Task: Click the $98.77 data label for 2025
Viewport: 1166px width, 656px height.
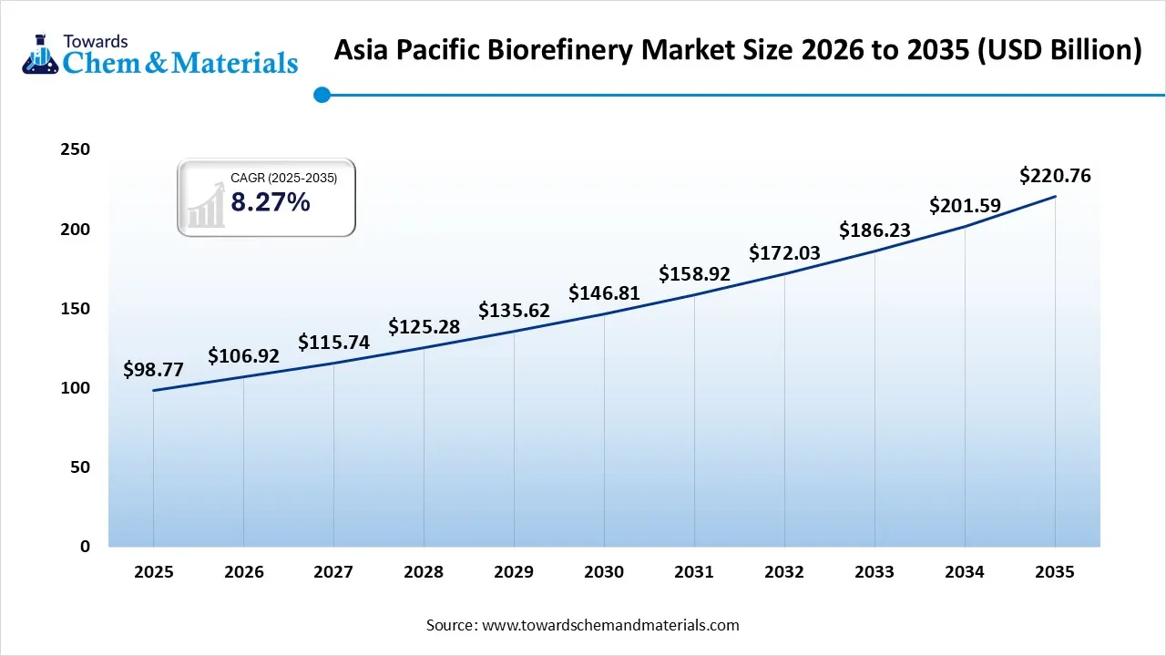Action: (x=153, y=370)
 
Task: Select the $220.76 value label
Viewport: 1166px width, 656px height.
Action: (x=1055, y=176)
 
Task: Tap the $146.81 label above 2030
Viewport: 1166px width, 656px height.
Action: (x=604, y=293)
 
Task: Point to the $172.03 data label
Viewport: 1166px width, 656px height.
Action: (x=784, y=253)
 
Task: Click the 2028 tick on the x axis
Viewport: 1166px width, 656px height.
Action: (x=424, y=572)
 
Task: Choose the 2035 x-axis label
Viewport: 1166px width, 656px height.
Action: (x=1055, y=572)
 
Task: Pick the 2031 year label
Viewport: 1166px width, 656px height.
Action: (x=694, y=572)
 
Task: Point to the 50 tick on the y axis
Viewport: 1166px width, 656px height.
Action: (x=79, y=467)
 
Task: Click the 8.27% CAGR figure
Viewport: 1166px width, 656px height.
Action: (x=270, y=202)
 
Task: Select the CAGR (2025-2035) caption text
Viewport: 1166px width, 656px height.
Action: (x=283, y=179)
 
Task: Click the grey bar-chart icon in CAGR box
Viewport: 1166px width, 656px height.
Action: (x=206, y=206)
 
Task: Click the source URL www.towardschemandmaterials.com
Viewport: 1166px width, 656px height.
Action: (x=610, y=625)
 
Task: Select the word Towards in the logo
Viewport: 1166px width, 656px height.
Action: (x=95, y=41)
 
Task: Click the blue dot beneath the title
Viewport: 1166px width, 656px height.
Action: (x=321, y=94)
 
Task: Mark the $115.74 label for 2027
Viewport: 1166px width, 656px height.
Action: (x=333, y=343)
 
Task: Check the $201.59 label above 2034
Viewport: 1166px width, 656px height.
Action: (x=965, y=206)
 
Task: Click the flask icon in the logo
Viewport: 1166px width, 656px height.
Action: (x=39, y=53)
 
